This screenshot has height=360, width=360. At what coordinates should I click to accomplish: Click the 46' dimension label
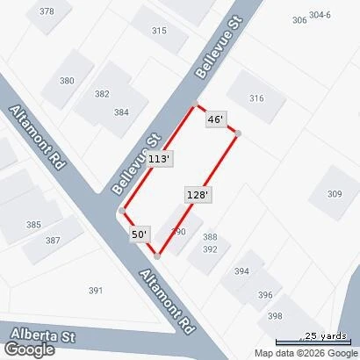pyautogui.click(x=216, y=119)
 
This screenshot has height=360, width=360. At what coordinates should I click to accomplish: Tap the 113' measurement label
pyautogui.click(x=159, y=159)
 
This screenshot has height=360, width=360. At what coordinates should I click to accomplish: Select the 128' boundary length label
pyautogui.click(x=197, y=195)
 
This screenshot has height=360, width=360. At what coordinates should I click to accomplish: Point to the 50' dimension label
pyautogui.click(x=140, y=234)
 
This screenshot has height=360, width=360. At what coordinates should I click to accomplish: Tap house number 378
pyautogui.click(x=47, y=11)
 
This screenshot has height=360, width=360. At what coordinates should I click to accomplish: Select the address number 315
pyautogui.click(x=159, y=31)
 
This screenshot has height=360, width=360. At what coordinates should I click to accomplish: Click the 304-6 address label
pyautogui.click(x=320, y=15)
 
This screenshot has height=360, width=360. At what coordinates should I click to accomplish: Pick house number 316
pyautogui.click(x=256, y=98)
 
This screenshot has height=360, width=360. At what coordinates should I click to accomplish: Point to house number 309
pyautogui.click(x=335, y=194)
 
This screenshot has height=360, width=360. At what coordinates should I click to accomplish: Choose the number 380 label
pyautogui.click(x=67, y=81)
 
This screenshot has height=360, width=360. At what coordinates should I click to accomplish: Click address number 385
pyautogui.click(x=33, y=225)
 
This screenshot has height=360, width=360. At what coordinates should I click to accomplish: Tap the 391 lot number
pyautogui.click(x=96, y=291)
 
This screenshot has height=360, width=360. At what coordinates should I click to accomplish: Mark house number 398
pyautogui.click(x=276, y=316)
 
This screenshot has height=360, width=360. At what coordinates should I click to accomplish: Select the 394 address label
pyautogui.click(x=241, y=271)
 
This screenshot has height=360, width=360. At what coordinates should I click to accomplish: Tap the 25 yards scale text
pyautogui.click(x=325, y=335)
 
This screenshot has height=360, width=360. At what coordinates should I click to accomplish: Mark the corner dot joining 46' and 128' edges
pyautogui.click(x=237, y=133)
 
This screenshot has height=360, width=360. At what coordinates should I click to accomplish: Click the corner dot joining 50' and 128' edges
pyautogui.click(x=157, y=256)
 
